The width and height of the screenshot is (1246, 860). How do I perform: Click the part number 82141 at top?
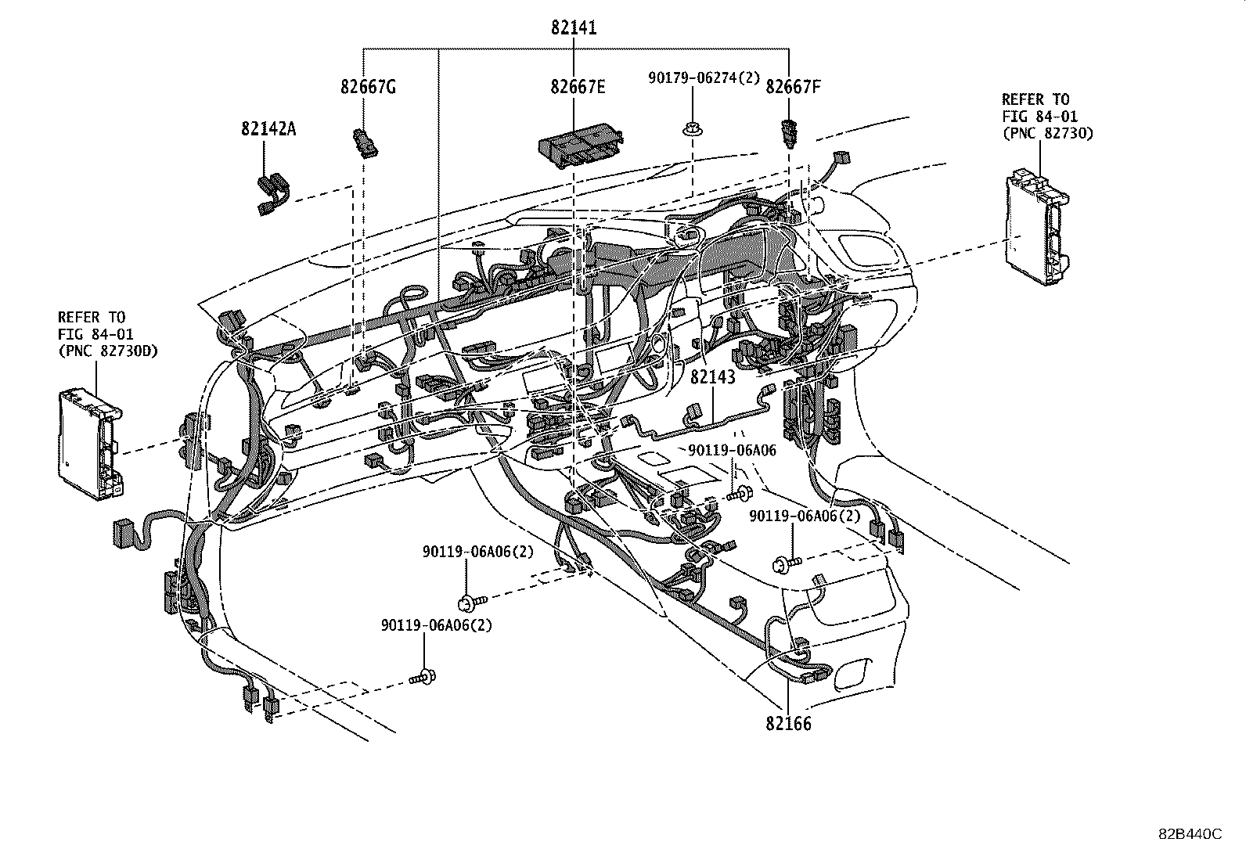click(574, 28)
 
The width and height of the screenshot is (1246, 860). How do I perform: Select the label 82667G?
click(368, 87)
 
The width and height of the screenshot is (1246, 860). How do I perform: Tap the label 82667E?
click(578, 87)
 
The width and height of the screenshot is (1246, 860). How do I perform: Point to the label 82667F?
click(793, 87)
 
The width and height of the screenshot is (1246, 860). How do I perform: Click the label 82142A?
click(268, 129)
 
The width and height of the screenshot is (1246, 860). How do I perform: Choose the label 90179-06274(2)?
click(704, 77)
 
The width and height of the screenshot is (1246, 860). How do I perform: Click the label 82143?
click(712, 377)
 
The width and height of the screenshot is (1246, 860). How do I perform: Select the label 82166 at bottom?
click(789, 723)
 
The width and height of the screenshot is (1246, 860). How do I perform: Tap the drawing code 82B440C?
click(1190, 834)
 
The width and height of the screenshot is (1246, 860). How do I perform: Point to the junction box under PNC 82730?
click(1035, 228)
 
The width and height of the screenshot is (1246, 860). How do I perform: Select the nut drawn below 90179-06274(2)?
click(690, 128)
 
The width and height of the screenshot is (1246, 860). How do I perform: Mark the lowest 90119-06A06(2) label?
click(437, 625)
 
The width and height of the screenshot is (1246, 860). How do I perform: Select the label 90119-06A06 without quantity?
click(733, 450)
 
